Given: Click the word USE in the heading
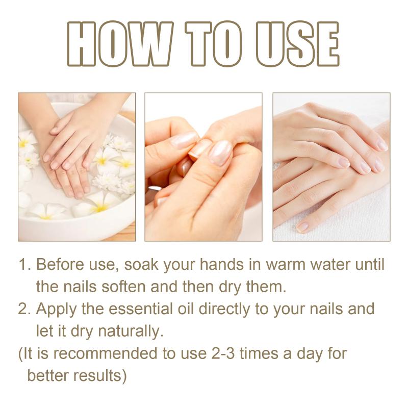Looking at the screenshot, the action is [297, 44].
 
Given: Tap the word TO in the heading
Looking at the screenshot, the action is [214, 44].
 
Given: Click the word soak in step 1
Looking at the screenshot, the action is [141, 264].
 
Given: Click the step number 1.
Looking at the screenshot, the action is [24, 265].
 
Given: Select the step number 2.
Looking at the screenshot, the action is [24, 309].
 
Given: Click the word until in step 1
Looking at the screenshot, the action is [370, 264].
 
